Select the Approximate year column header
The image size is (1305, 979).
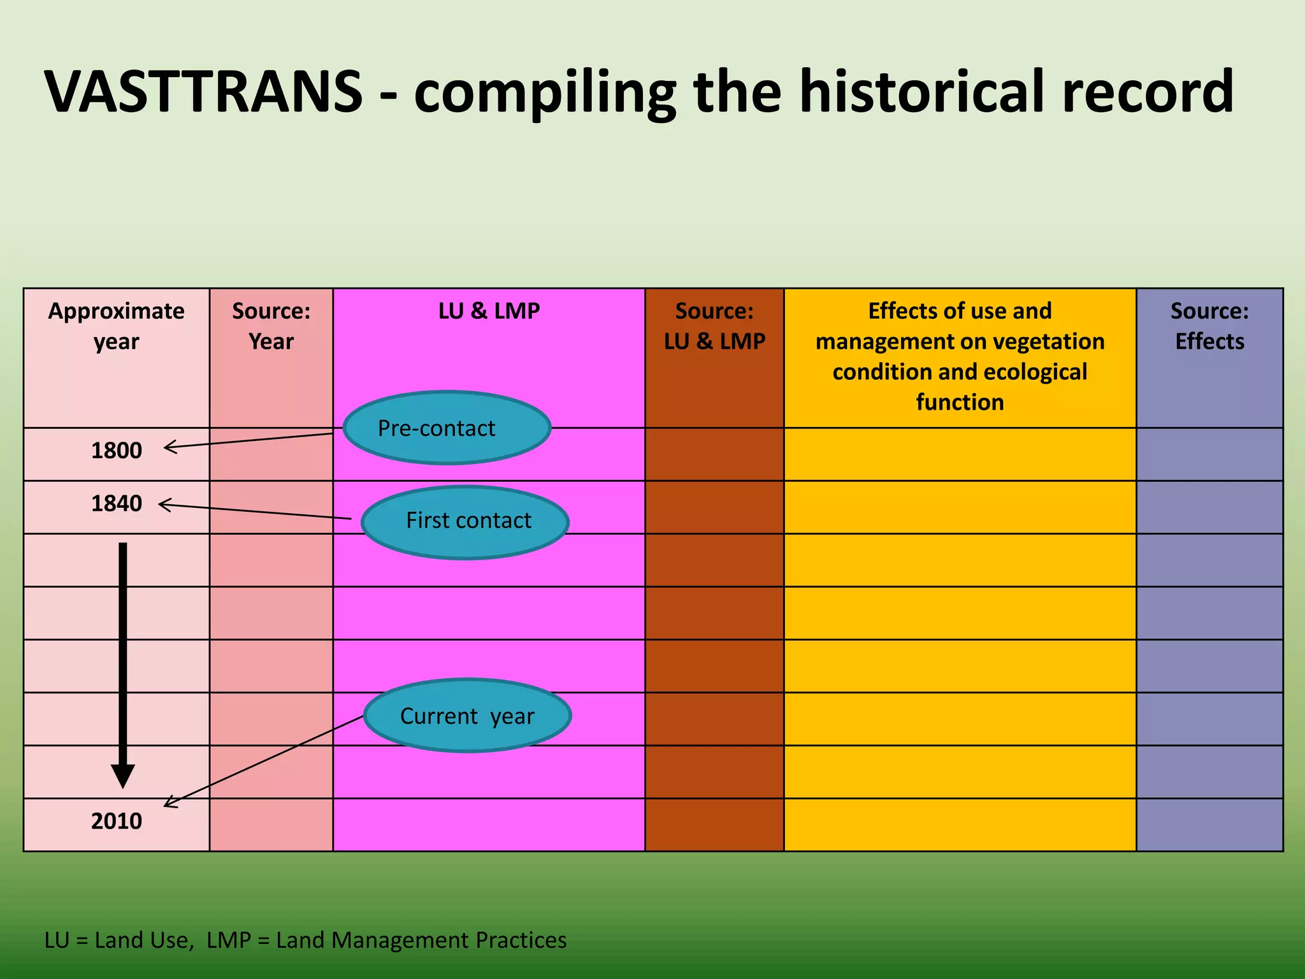pos(116,326)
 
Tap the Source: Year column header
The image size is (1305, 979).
pos(271,326)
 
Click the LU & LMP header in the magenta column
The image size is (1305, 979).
pos(489,311)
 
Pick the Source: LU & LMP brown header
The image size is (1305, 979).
pos(714,326)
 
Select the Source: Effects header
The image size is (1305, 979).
pos(1209,326)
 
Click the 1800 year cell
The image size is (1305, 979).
pos(116,451)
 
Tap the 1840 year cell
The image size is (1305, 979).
pos(116,504)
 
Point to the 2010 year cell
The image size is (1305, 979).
pos(116,821)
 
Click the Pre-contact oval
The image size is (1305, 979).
pos(447,428)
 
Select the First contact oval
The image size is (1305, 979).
pos(465,521)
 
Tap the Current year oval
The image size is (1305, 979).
pos(467,715)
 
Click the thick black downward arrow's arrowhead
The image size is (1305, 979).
pos(122,774)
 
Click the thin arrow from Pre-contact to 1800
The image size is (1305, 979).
pos(249,440)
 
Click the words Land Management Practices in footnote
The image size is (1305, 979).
pos(421,940)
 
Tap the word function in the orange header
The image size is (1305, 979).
pos(960,402)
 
